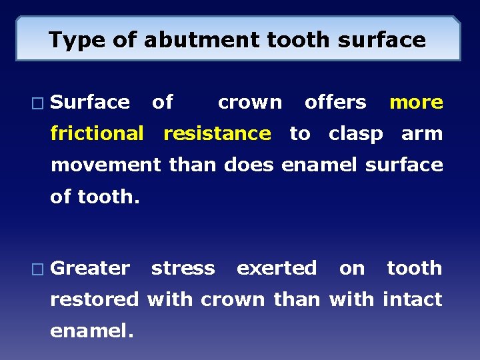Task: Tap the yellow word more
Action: [x=416, y=103]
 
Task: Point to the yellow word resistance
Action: [x=217, y=133]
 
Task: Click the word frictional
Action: [x=97, y=133]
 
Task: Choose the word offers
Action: [x=335, y=103]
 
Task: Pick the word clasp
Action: [x=355, y=134]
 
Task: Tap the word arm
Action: [x=422, y=133]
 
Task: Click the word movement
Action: [x=106, y=165]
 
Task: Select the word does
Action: [x=249, y=165]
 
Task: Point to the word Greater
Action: [x=90, y=269]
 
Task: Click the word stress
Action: [x=183, y=269]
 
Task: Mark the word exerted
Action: [x=277, y=269]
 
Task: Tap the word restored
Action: [x=95, y=299]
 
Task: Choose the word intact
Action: [x=412, y=299]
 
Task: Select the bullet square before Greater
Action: [x=37, y=269]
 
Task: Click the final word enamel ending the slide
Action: [x=92, y=331]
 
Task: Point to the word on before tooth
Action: [x=352, y=269]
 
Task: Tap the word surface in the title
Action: [x=381, y=40]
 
